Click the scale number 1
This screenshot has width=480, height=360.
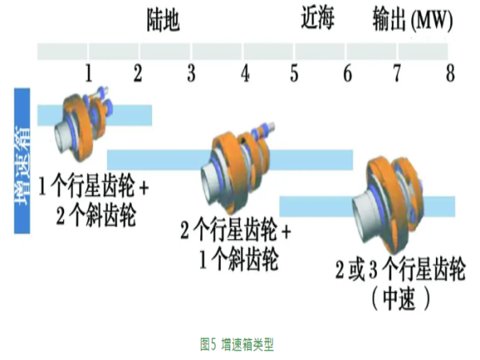(90, 74)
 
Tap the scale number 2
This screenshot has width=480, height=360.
(138, 74)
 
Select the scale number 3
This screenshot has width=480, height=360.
(191, 74)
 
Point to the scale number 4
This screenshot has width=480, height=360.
(245, 74)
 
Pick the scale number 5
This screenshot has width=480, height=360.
(294, 74)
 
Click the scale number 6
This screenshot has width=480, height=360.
(347, 74)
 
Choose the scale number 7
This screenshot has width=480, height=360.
(397, 74)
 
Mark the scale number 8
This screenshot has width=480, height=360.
(450, 74)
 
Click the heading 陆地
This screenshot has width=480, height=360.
(163, 19)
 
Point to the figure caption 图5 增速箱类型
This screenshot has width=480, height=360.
(238, 344)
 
